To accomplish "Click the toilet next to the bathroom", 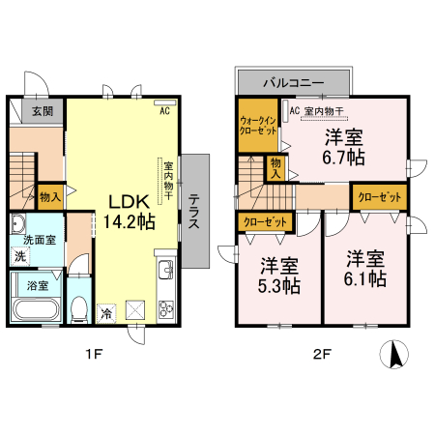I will point(80,308).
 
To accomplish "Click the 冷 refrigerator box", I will point(106,312).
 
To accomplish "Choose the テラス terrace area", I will point(194,211).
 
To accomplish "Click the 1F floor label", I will point(92,354).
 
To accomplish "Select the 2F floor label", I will point(322,354).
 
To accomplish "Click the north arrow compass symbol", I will point(394,355).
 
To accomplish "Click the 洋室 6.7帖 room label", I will point(343,146).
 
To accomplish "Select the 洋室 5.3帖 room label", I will point(277,275).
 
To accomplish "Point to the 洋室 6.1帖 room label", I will point(366,268).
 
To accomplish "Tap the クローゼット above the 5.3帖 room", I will point(265,221).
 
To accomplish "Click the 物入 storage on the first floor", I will point(51,196).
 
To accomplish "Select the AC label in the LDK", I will point(164,111).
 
